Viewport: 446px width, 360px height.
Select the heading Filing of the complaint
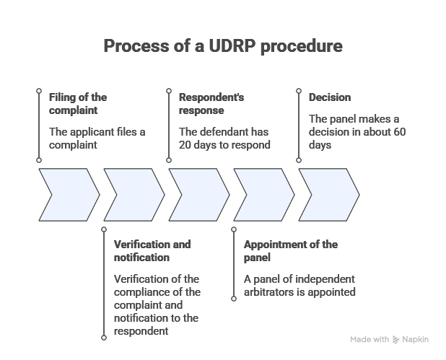[x=78, y=104]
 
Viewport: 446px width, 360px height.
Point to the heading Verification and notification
[x=152, y=250]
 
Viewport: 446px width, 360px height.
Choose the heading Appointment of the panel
[x=290, y=250]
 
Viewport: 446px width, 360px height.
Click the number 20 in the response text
[x=186, y=144]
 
